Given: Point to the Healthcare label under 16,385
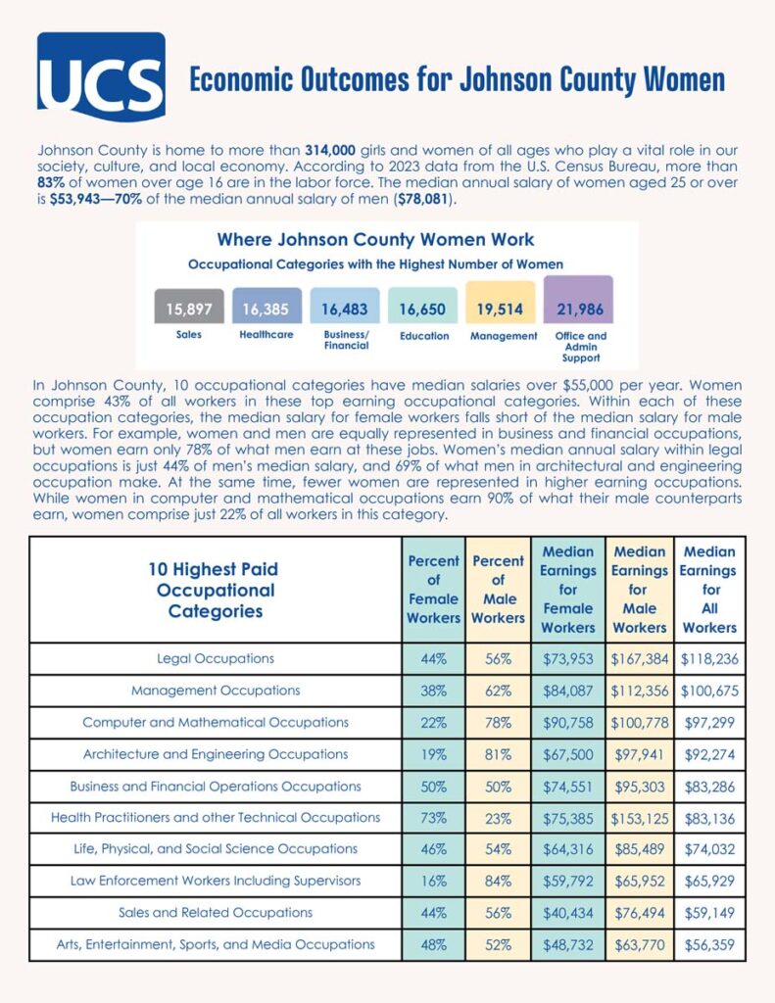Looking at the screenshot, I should pyautogui.click(x=266, y=336).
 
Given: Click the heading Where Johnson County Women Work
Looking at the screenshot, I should pyautogui.click(x=375, y=239).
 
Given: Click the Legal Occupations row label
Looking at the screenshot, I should pyautogui.click(x=216, y=658).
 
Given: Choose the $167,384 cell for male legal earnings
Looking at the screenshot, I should pyautogui.click(x=639, y=659).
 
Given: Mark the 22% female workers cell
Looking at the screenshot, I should pyautogui.click(x=433, y=723).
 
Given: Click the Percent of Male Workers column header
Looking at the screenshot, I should pyautogui.click(x=498, y=590).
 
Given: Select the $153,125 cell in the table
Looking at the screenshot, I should pyautogui.click(x=639, y=817).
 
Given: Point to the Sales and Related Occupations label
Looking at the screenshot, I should pyautogui.click(x=216, y=912).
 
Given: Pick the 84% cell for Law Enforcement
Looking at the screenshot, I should pyautogui.click(x=498, y=881).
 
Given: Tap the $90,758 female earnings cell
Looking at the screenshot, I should pyautogui.click(x=567, y=723).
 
